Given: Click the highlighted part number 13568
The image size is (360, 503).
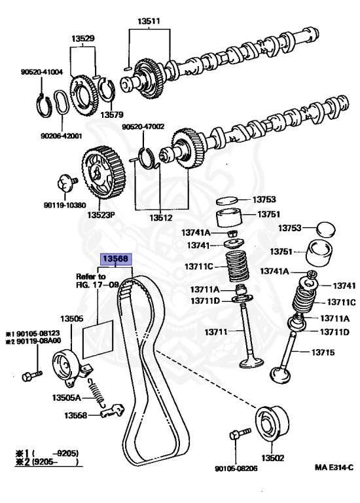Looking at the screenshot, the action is pyautogui.click(x=116, y=259).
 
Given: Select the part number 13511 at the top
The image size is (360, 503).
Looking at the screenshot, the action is pyautogui.click(x=149, y=21).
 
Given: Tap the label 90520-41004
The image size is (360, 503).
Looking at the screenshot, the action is pyautogui.click(x=42, y=72).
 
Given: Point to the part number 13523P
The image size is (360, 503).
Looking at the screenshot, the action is pyautogui.click(x=101, y=214).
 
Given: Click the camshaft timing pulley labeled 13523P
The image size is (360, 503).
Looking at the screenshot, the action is pyautogui.click(x=103, y=172).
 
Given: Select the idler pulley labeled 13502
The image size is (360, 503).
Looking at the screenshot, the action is pyautogui.click(x=272, y=424).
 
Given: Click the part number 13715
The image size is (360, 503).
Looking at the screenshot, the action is pyautogui.click(x=323, y=352).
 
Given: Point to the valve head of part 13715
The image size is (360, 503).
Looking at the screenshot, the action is pyautogui.click(x=281, y=375).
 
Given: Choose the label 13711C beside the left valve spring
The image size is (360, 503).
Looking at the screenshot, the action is pyautogui.click(x=199, y=267).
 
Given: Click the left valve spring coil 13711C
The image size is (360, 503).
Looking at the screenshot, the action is pyautogui.click(x=238, y=266).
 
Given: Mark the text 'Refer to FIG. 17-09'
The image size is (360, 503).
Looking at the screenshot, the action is pyautogui.click(x=97, y=280).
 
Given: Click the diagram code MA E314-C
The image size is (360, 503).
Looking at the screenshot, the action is pyautogui.click(x=334, y=467).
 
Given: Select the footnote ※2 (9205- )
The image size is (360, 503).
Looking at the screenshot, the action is pyautogui.click(x=47, y=462).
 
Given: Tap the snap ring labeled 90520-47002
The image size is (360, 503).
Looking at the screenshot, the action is pyautogui.click(x=148, y=158).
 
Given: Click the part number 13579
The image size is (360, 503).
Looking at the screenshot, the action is pyautogui.click(x=111, y=115).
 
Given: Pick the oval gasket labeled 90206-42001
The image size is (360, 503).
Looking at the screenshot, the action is pyautogui.click(x=62, y=102).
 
